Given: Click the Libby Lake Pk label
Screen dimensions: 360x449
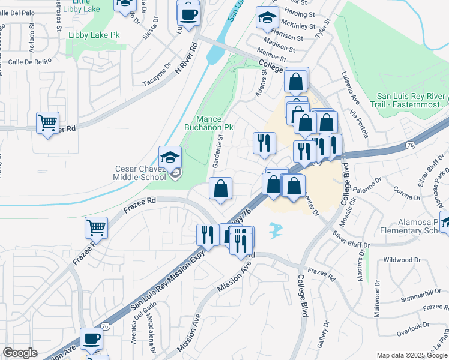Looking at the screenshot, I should tap(94, 35).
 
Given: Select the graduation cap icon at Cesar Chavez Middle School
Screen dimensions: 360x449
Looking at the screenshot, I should tap(170, 157).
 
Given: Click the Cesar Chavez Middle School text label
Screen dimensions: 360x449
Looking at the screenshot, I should tap(140, 173).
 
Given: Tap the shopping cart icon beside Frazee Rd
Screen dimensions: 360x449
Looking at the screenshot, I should tap(96, 227).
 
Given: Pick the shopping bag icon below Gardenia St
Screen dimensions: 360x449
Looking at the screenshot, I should tap(220, 188).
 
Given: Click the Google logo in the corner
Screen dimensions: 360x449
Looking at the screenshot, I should tap(20, 353).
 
